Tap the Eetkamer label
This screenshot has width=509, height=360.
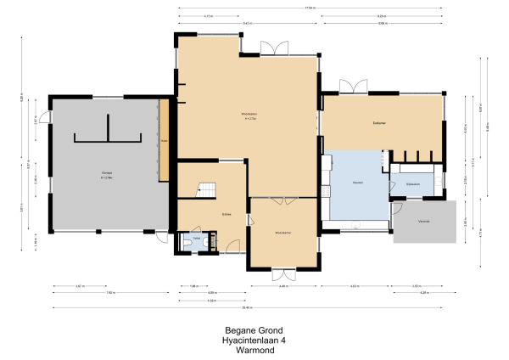(379, 124)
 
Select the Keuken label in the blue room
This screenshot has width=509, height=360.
(358, 182)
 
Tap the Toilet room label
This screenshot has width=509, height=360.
(197, 240)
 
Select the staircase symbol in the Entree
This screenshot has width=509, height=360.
(207, 191)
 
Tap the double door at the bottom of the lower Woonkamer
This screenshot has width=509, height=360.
(283, 273)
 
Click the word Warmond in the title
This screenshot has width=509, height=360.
(254, 348)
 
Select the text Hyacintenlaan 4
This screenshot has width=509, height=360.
(254, 339)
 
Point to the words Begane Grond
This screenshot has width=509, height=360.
(254, 329)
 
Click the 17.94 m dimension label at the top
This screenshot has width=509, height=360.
(311, 8)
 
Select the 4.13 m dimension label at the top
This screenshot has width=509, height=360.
(209, 16)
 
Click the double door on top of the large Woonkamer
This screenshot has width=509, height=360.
(274, 47)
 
